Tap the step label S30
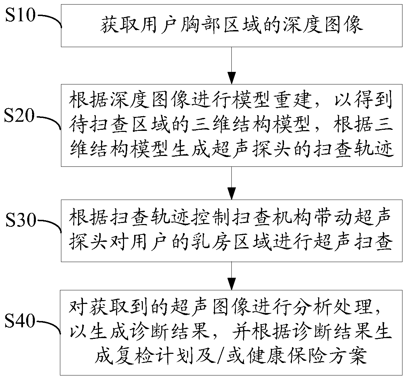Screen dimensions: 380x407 pyautogui.click(x=20, y=220)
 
